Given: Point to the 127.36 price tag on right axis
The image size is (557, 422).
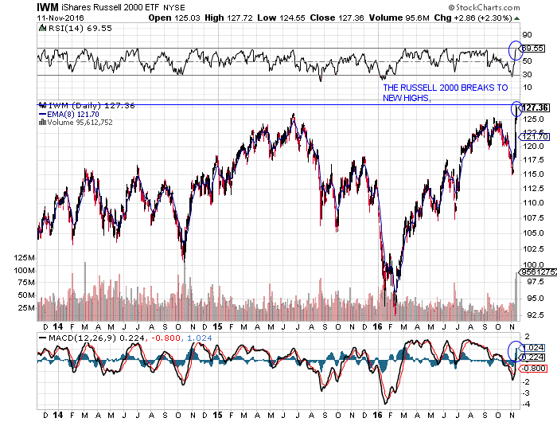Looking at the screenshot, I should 537,107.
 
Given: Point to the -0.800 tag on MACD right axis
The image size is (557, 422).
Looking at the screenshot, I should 533,369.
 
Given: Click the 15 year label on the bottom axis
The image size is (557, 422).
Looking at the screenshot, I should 216,414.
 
